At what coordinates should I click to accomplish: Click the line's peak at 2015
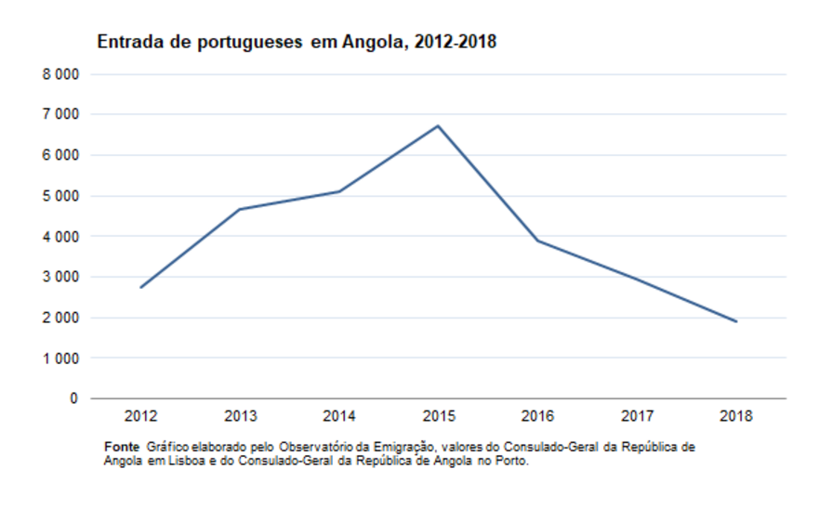tap(438, 125)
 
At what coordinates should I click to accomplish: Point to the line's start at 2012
tap(140, 288)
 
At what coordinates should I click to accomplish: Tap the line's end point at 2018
tap(736, 321)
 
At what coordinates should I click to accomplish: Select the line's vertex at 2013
tap(239, 209)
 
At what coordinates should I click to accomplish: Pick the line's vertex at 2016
tap(537, 241)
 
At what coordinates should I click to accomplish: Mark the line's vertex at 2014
tap(339, 191)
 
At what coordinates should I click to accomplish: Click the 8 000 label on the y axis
tap(60, 73)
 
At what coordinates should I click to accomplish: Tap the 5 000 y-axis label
tap(60, 196)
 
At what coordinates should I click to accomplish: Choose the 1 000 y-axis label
tap(60, 358)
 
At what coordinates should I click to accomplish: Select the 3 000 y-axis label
tap(60, 277)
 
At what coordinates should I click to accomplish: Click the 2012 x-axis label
tap(140, 416)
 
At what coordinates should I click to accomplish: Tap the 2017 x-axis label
tap(637, 416)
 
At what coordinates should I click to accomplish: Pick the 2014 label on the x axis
tap(339, 416)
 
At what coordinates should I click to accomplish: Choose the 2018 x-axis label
tap(736, 416)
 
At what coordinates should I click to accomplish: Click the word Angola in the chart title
tap(372, 43)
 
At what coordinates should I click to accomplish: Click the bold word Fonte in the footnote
tap(122, 447)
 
